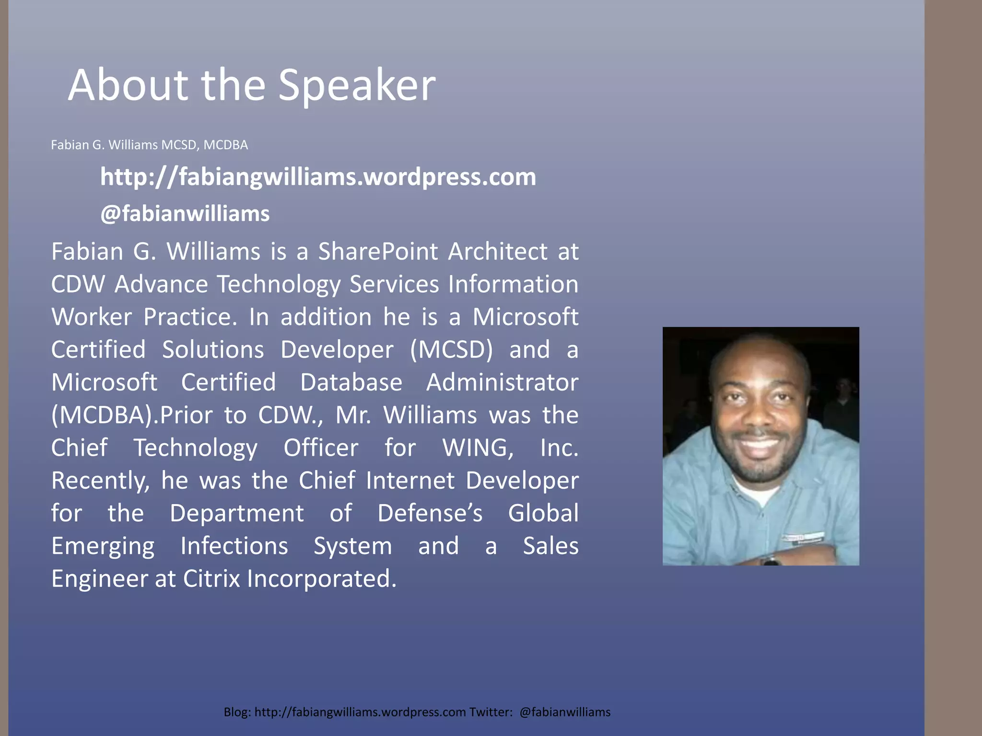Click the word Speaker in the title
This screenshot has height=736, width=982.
[x=357, y=85]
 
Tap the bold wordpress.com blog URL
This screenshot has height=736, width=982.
[x=318, y=177]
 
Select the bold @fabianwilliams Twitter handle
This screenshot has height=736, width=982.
[x=185, y=214]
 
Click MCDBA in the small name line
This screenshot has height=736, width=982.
[x=225, y=145]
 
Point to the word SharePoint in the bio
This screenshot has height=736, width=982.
[x=378, y=252]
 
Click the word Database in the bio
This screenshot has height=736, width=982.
[x=351, y=382]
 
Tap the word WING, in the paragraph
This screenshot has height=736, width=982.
[x=478, y=448]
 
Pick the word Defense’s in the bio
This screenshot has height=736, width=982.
[x=430, y=513]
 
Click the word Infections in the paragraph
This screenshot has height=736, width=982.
[x=234, y=546]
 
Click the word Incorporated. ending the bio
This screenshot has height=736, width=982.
[x=322, y=579]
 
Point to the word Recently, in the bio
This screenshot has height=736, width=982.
[x=100, y=481]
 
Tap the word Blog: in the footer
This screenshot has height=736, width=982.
[x=237, y=712]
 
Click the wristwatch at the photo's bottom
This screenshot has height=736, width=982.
[x=771, y=560]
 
